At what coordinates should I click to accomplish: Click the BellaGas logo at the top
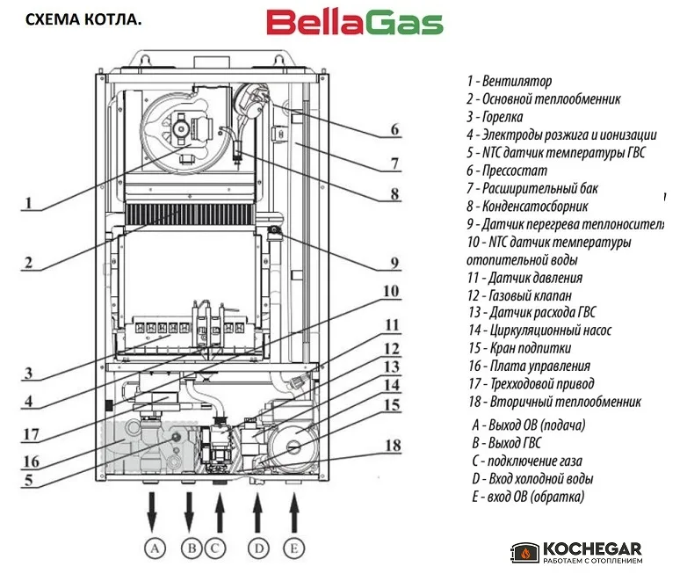pos(355,23)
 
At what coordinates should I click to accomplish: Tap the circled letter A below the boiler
pos(155,548)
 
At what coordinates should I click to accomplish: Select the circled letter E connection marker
pos(294,548)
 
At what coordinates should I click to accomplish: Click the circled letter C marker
pos(214,548)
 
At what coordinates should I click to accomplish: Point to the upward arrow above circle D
pos(257,512)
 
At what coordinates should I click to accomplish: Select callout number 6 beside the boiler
pos(394,129)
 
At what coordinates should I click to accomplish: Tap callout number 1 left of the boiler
pos(28,202)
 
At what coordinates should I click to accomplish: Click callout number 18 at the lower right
pos(393,446)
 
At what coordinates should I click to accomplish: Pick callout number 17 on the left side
pos(31,434)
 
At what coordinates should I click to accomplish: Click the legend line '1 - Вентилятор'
pos(510,81)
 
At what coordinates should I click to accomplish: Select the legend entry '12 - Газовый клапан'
pos(519,295)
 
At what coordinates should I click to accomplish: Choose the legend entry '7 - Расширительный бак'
pos(532,189)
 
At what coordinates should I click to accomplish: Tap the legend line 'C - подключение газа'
pos(527,461)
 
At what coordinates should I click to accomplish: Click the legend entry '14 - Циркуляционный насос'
pos(539,330)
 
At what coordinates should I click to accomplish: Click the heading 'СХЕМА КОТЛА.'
pos(83,19)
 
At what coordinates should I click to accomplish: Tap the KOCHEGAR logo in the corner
pos(576,553)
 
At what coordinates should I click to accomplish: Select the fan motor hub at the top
pos(180,128)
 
